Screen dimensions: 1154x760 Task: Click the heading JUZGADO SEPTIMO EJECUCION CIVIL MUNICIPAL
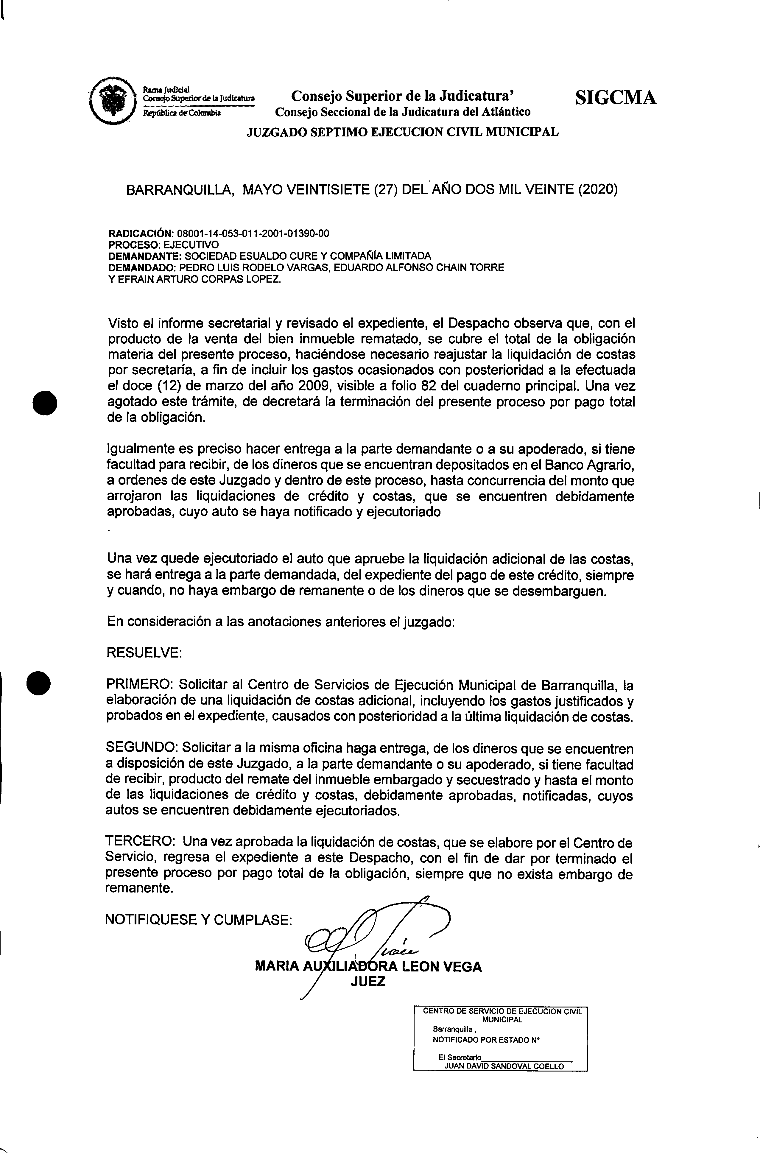pos(403,132)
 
